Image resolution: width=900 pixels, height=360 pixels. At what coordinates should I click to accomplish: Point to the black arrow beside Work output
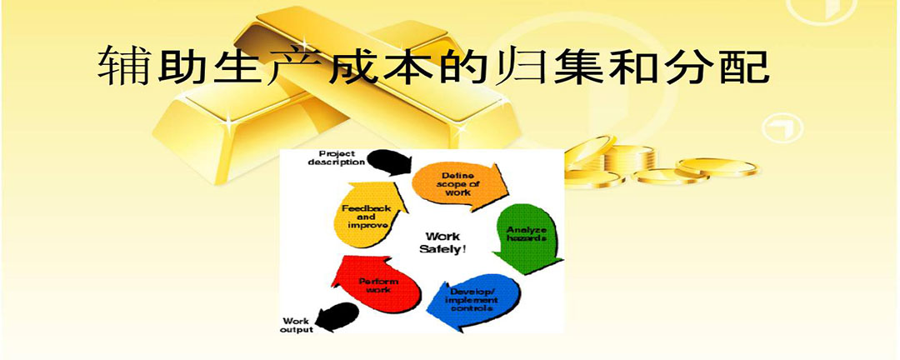[338, 316]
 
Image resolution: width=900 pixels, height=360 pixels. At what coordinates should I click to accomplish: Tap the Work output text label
[297, 325]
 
